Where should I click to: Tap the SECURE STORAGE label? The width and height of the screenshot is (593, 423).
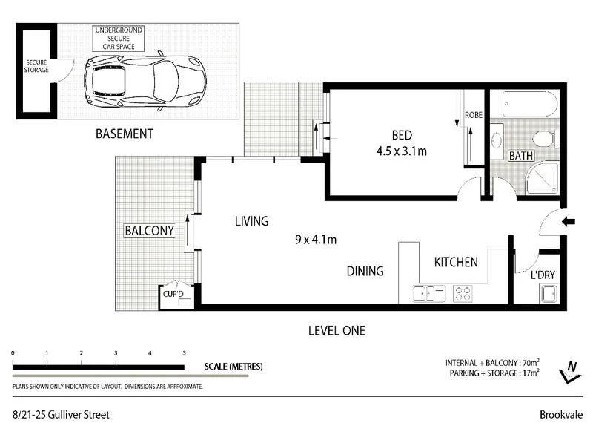click(x=37, y=66)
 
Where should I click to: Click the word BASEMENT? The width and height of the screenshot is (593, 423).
click(x=124, y=134)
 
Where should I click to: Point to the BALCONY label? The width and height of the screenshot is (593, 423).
click(x=149, y=231)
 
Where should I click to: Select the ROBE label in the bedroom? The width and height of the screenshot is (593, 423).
click(x=474, y=115)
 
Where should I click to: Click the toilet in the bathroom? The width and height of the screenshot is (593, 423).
click(x=543, y=139)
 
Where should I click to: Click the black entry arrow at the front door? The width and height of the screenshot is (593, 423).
click(x=569, y=221)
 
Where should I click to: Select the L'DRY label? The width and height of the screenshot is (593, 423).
click(x=543, y=275)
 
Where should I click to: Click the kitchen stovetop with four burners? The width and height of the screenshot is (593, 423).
click(x=463, y=294)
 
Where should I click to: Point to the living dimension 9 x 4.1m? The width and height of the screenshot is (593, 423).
click(x=317, y=240)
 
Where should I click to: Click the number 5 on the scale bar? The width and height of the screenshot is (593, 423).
click(x=184, y=353)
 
